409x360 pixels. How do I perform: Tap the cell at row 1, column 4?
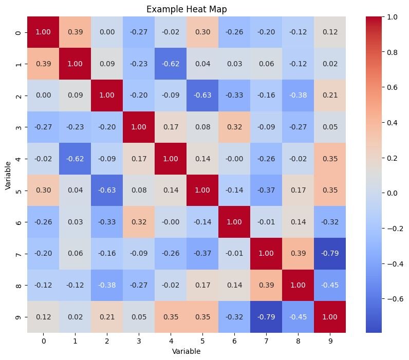pos(170,64)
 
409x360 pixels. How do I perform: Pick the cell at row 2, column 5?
pos(201,96)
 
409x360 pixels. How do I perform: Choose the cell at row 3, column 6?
pos(233,127)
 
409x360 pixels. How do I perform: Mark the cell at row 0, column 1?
pos(74,32)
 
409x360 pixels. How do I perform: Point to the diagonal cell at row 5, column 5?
pos(201,190)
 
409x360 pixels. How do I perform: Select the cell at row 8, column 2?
pos(106,285)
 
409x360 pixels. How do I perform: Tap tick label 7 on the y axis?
pos(18,253)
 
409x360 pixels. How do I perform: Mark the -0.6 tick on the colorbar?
pos(394,298)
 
